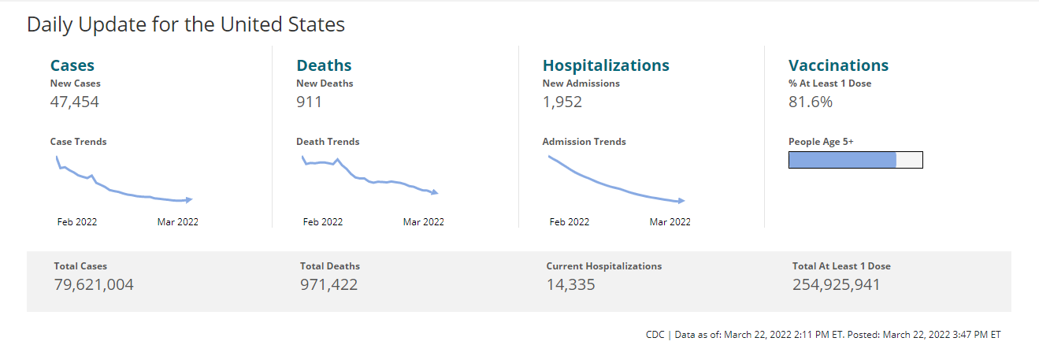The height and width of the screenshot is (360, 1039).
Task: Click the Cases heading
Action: [72, 65]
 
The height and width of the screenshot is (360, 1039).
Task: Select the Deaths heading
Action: [324, 65]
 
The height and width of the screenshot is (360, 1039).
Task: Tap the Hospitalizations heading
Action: [606, 65]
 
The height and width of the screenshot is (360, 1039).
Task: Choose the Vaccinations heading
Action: [838, 65]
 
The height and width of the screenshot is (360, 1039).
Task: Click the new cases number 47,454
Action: [75, 102]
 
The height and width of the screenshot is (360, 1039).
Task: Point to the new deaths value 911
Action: [309, 102]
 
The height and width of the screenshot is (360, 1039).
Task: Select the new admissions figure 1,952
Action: [562, 102]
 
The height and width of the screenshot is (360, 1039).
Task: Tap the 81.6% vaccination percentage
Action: [811, 102]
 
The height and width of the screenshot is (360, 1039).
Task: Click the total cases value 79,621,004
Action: [94, 284]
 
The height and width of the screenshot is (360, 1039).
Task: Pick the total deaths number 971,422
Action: [328, 284]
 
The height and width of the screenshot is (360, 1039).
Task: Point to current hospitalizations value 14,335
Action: [570, 284]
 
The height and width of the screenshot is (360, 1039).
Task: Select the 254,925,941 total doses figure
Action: [836, 284]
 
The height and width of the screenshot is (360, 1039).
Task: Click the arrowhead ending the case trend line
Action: [189, 199]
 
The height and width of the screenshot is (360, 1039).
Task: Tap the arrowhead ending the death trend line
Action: [435, 192]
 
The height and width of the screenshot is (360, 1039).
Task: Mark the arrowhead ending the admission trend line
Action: [681, 201]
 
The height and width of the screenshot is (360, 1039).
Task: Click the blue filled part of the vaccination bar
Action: [842, 160]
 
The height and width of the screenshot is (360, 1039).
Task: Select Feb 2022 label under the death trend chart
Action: [323, 222]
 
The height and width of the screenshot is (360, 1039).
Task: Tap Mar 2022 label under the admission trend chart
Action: [670, 222]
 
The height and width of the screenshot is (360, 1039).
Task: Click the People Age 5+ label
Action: [821, 142]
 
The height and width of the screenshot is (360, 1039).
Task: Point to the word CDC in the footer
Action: [655, 335]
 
